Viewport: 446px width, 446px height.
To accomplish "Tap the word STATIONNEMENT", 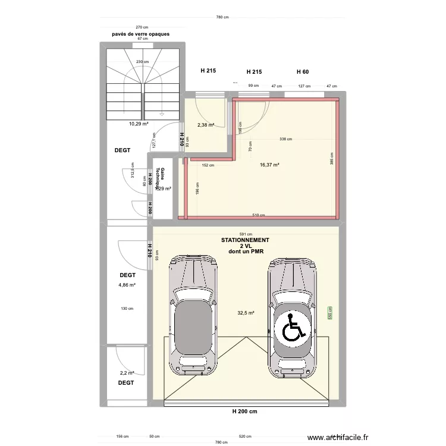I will tap(245, 240).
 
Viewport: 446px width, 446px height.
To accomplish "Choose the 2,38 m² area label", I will tap(205, 125).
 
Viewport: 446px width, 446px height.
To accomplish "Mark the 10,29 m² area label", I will tap(139, 124).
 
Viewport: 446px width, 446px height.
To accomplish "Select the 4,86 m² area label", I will tap(127, 285).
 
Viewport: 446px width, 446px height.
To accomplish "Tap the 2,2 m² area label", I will tap(127, 373).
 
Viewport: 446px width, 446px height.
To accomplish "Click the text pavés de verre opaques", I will tap(141, 34).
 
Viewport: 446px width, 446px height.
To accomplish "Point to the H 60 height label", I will tap(303, 71).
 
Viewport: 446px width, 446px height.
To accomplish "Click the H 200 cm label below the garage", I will tap(245, 412).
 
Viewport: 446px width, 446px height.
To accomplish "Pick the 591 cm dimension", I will tap(246, 234).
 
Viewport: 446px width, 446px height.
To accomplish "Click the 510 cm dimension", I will tap(259, 215).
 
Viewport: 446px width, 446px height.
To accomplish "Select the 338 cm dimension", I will tap(286, 139).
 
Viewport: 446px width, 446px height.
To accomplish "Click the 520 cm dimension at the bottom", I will tap(244, 436).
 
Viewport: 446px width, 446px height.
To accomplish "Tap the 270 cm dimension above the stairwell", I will tap(142, 27).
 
